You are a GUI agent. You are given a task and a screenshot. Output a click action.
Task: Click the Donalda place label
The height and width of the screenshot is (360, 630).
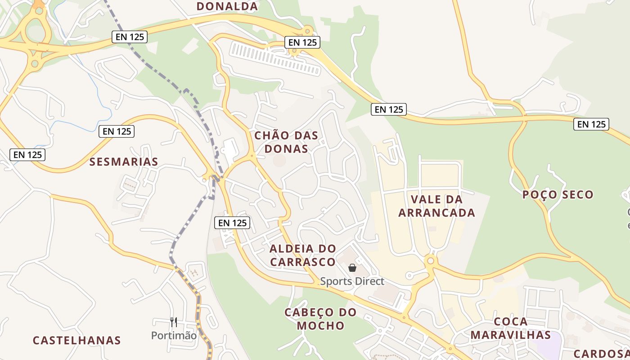click(x=227, y=6)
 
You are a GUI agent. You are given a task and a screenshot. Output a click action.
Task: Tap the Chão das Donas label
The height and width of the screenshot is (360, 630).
click(x=286, y=142)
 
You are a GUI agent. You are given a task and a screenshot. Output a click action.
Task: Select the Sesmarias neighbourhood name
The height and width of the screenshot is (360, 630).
click(x=124, y=162)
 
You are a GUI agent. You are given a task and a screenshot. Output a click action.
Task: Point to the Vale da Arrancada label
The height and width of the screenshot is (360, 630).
click(x=436, y=206)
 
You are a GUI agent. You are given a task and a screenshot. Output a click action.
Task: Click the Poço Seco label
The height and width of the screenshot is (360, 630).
click(x=558, y=195)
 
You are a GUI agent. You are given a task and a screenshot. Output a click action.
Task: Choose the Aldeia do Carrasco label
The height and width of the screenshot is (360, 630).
click(x=302, y=255)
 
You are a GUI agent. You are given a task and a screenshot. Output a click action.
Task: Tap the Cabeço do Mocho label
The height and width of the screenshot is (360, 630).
click(x=320, y=319)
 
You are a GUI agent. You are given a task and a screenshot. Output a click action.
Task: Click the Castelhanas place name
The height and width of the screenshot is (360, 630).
click(x=77, y=340)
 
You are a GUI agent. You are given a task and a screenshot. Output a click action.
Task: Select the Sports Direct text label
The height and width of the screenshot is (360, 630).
click(x=352, y=281)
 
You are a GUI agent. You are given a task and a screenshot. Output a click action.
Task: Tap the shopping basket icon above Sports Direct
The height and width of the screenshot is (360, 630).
click(x=352, y=268)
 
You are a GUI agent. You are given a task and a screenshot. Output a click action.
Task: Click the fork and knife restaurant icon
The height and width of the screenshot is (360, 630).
click(x=174, y=322)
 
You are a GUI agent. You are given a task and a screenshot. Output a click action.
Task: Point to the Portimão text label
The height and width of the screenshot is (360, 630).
click(x=174, y=336)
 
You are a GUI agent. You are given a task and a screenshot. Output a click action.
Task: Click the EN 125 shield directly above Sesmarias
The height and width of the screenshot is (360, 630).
click(x=117, y=131)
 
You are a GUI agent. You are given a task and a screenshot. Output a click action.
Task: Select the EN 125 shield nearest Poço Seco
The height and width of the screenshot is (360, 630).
click(x=591, y=124)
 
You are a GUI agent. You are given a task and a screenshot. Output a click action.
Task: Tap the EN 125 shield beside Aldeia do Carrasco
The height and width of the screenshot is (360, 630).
click(x=232, y=222)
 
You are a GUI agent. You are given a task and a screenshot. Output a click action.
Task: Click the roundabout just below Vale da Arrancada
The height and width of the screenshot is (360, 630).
click(x=431, y=261)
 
